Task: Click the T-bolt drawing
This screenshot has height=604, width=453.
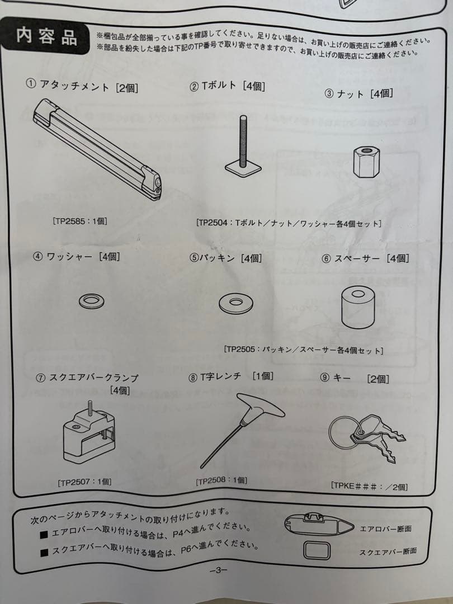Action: [243, 147]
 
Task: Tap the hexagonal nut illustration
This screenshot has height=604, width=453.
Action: [366, 162]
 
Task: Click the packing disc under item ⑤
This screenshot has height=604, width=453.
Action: [236, 304]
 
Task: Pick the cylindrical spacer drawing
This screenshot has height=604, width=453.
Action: [358, 307]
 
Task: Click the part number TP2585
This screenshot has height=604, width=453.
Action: [70, 221]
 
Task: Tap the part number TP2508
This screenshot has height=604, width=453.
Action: [213, 481]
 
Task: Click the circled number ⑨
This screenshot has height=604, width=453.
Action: [324, 377]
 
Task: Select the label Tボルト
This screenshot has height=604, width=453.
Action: [219, 86]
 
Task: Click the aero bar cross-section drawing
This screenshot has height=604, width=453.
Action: [319, 524]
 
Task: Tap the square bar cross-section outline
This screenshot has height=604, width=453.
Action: [304, 550]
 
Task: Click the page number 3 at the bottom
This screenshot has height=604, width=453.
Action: [219, 570]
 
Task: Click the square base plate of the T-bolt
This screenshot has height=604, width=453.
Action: [244, 169]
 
